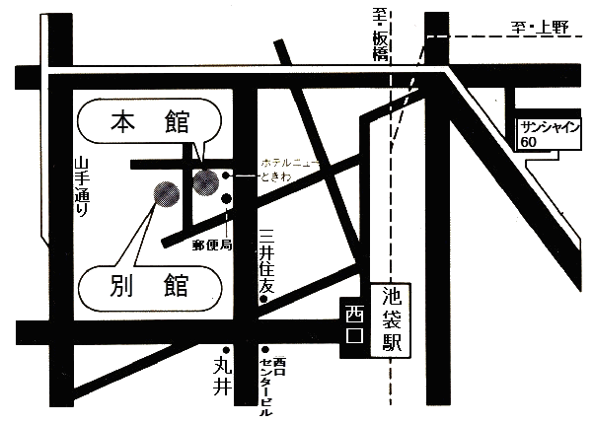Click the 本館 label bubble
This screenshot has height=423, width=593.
[x=149, y=125]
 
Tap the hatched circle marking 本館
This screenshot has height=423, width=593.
[x=205, y=181]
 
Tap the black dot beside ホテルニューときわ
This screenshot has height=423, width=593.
[x=227, y=176]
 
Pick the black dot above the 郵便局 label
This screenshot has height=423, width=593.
[x=227, y=199]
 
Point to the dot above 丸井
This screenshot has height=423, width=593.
[x=226, y=349]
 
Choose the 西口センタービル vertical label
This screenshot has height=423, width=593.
[x=267, y=386]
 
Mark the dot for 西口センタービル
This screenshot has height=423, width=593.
[x=265, y=349]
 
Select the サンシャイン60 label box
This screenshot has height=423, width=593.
[x=552, y=133]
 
